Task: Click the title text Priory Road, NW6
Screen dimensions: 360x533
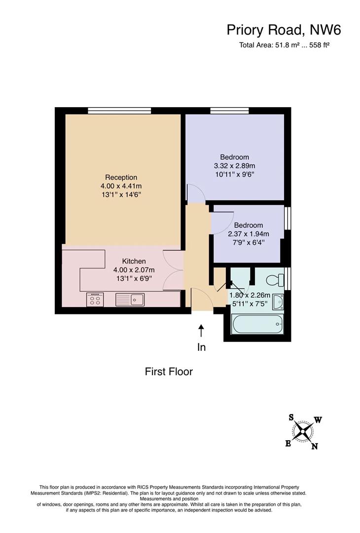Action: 284,30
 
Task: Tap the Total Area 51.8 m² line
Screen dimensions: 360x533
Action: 285,45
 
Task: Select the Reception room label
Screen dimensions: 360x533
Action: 121,177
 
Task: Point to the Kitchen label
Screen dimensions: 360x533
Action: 134,261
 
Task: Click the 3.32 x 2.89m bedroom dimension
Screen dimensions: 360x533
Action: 234,166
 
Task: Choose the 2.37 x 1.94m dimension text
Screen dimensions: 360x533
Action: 248,234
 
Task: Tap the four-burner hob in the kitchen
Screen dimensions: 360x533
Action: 95,300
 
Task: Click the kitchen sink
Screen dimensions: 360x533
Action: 130,300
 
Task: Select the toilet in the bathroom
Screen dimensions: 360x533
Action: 275,280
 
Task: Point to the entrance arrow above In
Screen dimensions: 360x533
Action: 201,330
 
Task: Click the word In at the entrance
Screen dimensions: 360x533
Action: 201,347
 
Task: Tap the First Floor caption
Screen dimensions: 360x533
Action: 169,371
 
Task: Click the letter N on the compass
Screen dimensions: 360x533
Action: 315,446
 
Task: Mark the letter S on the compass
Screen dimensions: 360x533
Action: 291,418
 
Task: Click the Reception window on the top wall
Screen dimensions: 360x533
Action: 119,111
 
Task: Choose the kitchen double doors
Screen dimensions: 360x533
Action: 174,270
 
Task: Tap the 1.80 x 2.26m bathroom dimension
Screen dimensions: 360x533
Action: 250,295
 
